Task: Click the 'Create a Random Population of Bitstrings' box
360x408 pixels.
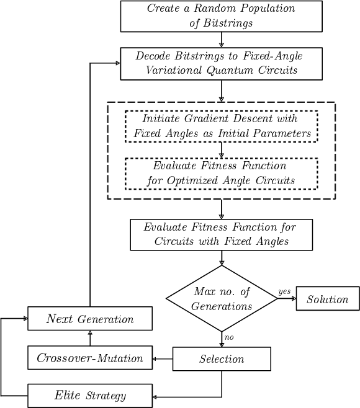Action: (221, 16)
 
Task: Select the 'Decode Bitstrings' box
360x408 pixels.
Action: (221, 63)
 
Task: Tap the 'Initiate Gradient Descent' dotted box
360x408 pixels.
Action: (221, 126)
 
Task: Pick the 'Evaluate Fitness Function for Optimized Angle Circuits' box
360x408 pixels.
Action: (221, 174)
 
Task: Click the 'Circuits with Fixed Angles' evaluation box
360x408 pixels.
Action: (221, 234)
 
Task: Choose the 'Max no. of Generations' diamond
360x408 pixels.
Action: (222, 299)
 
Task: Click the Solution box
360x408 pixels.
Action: (327, 299)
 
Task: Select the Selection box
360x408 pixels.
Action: (222, 359)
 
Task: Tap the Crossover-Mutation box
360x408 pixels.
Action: (90, 358)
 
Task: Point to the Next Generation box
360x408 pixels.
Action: (90, 319)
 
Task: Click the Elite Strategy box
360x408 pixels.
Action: (90, 396)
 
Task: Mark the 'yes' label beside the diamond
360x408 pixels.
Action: (284, 291)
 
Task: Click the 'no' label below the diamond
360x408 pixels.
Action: (228, 337)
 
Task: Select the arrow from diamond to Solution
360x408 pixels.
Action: (287, 298)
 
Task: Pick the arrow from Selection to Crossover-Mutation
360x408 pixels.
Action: (162, 358)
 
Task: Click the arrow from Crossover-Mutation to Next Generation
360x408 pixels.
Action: (90, 338)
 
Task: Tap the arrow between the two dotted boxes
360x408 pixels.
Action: (221, 150)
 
